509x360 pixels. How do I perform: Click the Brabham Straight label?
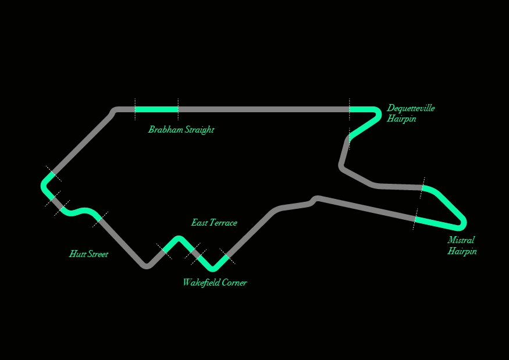click(x=181, y=130)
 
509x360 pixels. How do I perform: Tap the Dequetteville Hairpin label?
click(x=411, y=113)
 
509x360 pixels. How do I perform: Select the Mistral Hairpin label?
click(x=462, y=245)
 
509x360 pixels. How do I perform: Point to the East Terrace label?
click(x=214, y=223)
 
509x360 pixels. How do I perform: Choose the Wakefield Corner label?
click(x=215, y=283)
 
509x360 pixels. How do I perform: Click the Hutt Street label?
click(x=88, y=254)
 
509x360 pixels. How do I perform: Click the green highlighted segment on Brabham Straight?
click(x=156, y=109)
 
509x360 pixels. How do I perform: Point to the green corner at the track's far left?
click(x=45, y=186)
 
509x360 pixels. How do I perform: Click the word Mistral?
click(x=461, y=240)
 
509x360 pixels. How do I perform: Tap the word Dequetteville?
click(x=411, y=108)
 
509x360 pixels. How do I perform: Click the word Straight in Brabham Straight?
click(x=200, y=130)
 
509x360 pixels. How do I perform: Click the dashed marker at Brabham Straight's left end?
click(x=135, y=109)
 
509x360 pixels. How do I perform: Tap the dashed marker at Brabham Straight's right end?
click(x=178, y=109)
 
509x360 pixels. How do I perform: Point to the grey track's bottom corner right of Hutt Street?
click(x=147, y=266)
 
